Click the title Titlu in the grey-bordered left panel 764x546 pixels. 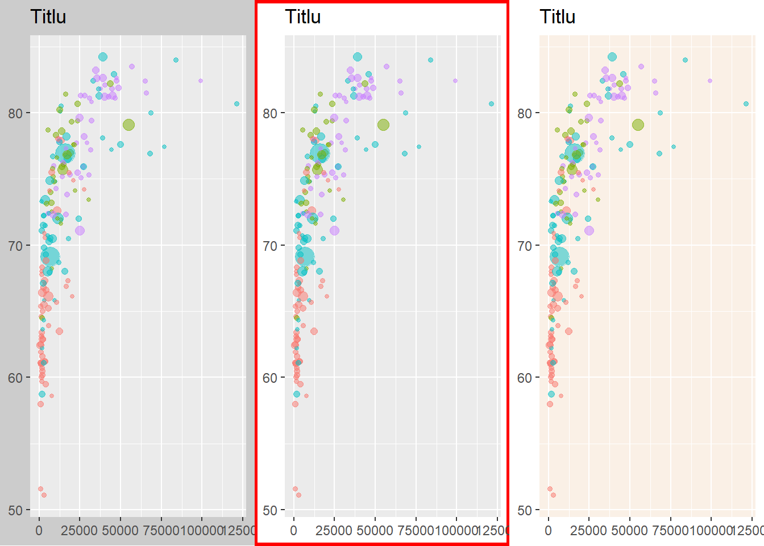48,17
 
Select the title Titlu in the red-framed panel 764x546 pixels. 303,17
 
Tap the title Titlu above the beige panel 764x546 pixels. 558,17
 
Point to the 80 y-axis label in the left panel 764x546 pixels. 15,113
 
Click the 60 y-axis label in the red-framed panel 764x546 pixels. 270,378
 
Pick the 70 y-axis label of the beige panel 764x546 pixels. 525,246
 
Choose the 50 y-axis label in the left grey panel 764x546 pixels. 15,511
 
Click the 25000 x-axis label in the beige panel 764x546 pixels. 588,531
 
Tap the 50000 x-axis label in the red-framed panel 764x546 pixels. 375,531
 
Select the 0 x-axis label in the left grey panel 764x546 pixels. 39,531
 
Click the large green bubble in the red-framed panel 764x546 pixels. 383,125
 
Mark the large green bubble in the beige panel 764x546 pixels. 638,125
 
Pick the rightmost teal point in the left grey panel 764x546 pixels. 237,104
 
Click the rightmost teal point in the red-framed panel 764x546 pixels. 492,104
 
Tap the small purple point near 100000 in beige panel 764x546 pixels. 710,81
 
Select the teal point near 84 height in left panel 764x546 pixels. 176,60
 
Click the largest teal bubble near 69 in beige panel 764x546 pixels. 559,257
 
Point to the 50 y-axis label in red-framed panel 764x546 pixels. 270,511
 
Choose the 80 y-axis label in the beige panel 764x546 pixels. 525,113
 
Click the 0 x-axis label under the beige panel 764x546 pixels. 548,531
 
